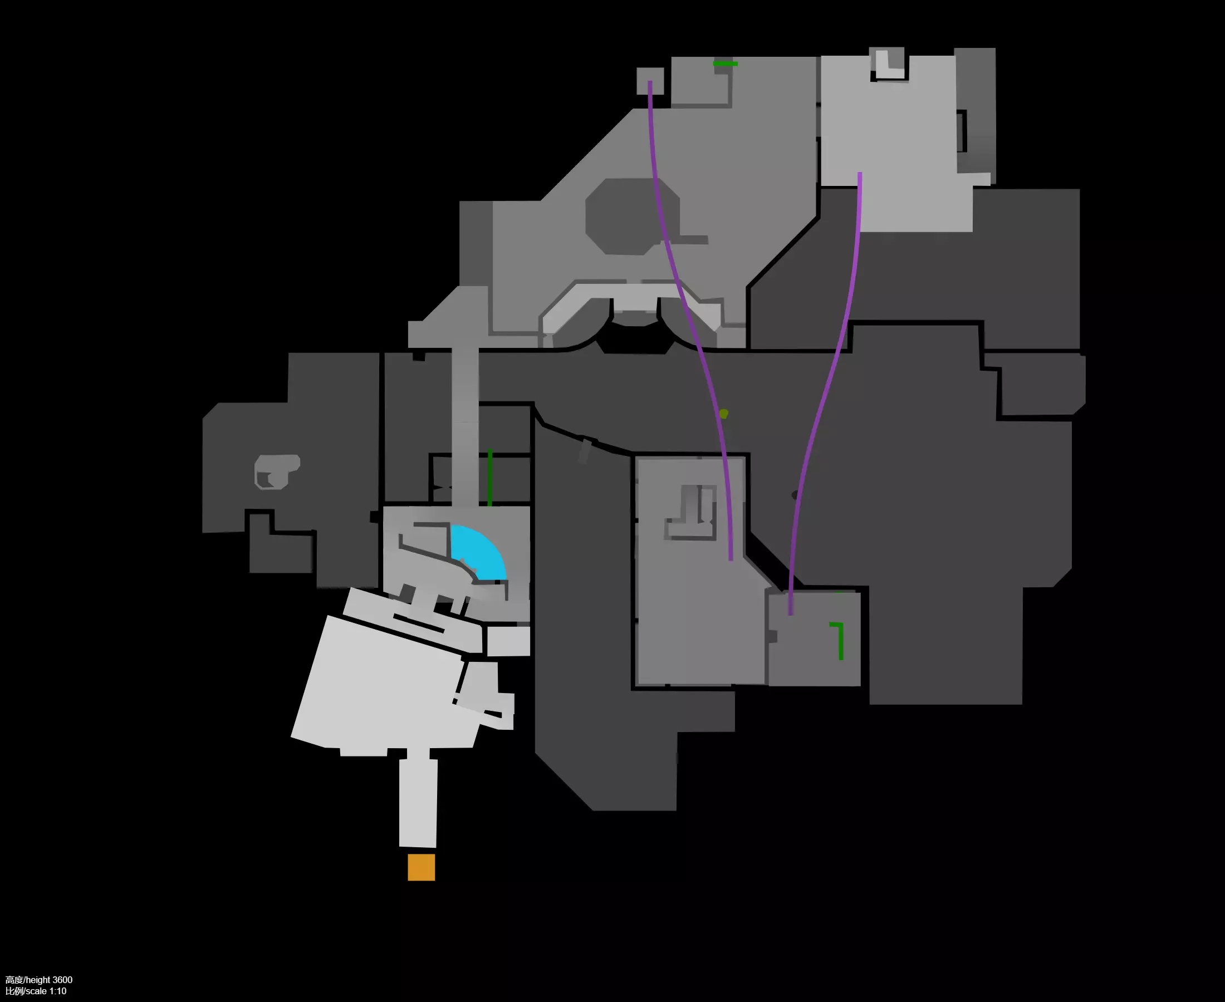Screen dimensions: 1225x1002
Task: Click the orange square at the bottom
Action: point(422,867)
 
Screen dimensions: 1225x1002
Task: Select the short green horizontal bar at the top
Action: point(726,63)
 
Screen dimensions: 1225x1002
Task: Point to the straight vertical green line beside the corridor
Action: point(489,478)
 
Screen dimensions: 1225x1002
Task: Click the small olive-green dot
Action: point(723,413)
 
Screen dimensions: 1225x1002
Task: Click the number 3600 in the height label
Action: point(62,980)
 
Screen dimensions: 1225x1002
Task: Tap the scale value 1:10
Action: point(58,991)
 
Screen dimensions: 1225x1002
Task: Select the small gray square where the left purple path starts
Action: point(650,81)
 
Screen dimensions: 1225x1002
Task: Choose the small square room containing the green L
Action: point(814,639)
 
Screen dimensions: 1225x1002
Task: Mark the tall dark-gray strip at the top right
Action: point(976,110)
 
